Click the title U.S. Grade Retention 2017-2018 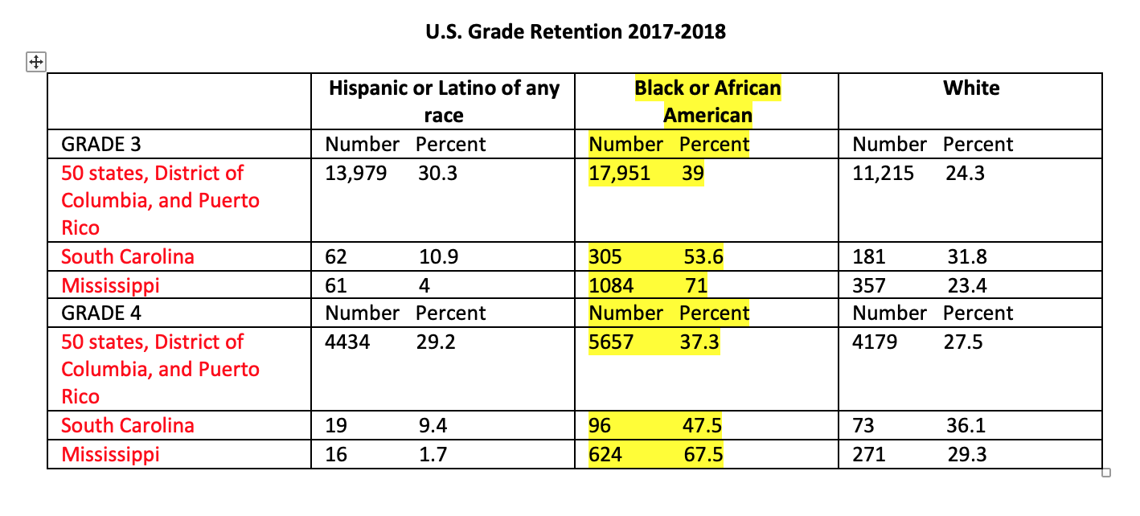tap(575, 32)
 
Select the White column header tap(971, 88)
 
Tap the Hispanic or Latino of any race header tap(444, 101)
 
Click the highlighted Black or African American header tap(707, 101)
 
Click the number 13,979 tap(355, 174)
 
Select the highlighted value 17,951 tap(619, 174)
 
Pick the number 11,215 tap(883, 174)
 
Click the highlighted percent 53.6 tap(703, 257)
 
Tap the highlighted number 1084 tap(611, 285)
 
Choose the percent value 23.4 tap(966, 285)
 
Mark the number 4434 tap(347, 342)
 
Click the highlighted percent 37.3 tap(699, 342)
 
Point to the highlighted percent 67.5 tap(703, 455)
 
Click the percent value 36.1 tap(966, 426)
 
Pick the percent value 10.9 tap(439, 257)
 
